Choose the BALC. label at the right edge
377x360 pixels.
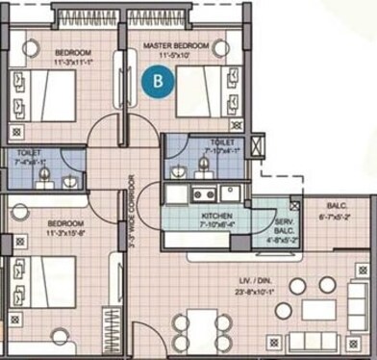pyautogui.click(x=337, y=206)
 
